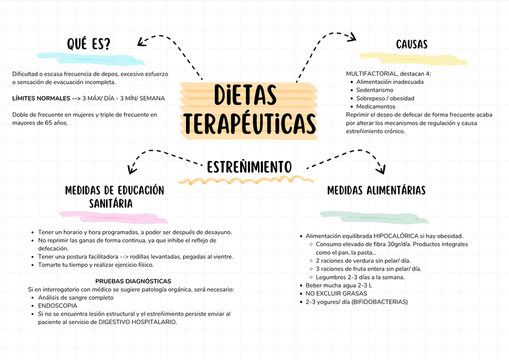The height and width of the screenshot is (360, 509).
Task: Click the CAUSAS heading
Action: click(412, 44)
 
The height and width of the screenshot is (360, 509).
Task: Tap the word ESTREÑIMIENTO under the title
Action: click(249, 166)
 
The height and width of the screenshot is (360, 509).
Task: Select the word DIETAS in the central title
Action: click(245, 96)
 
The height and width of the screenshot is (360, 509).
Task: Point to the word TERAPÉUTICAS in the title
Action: click(250, 124)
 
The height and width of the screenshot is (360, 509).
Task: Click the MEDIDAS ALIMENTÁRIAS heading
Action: click(376, 190)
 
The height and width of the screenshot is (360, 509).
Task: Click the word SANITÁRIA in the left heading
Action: click(111, 203)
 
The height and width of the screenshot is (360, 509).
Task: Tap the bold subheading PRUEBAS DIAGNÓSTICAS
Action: click(133, 281)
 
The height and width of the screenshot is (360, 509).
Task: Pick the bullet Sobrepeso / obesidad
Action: click(385, 98)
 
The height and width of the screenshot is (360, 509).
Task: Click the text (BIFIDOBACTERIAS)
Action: click(379, 302)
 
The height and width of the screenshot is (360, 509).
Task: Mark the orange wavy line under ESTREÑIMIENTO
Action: click(245, 179)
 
